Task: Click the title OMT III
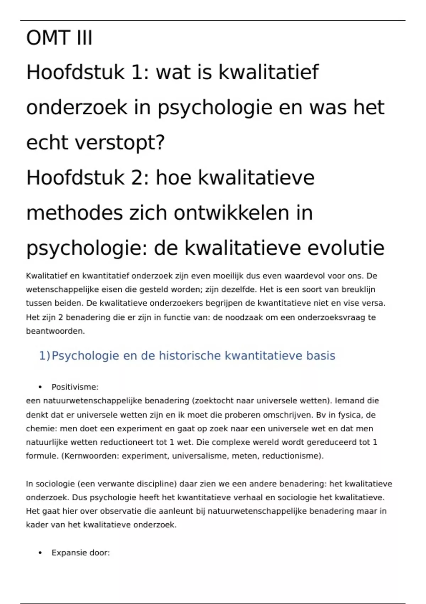59,38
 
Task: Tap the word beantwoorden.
55,331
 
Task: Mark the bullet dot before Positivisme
40,387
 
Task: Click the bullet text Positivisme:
75,387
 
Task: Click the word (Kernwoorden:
90,456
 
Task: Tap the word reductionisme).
293,456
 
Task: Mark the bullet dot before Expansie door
40,553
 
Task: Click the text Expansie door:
81,553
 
